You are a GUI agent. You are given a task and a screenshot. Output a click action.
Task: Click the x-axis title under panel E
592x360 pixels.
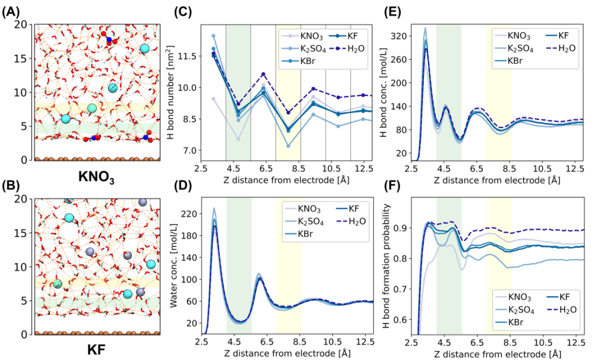[497, 180]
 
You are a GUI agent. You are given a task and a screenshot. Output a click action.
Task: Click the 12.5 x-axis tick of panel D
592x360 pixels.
[363, 342]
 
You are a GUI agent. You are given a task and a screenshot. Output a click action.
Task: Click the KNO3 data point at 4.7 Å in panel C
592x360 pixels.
[238, 139]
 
